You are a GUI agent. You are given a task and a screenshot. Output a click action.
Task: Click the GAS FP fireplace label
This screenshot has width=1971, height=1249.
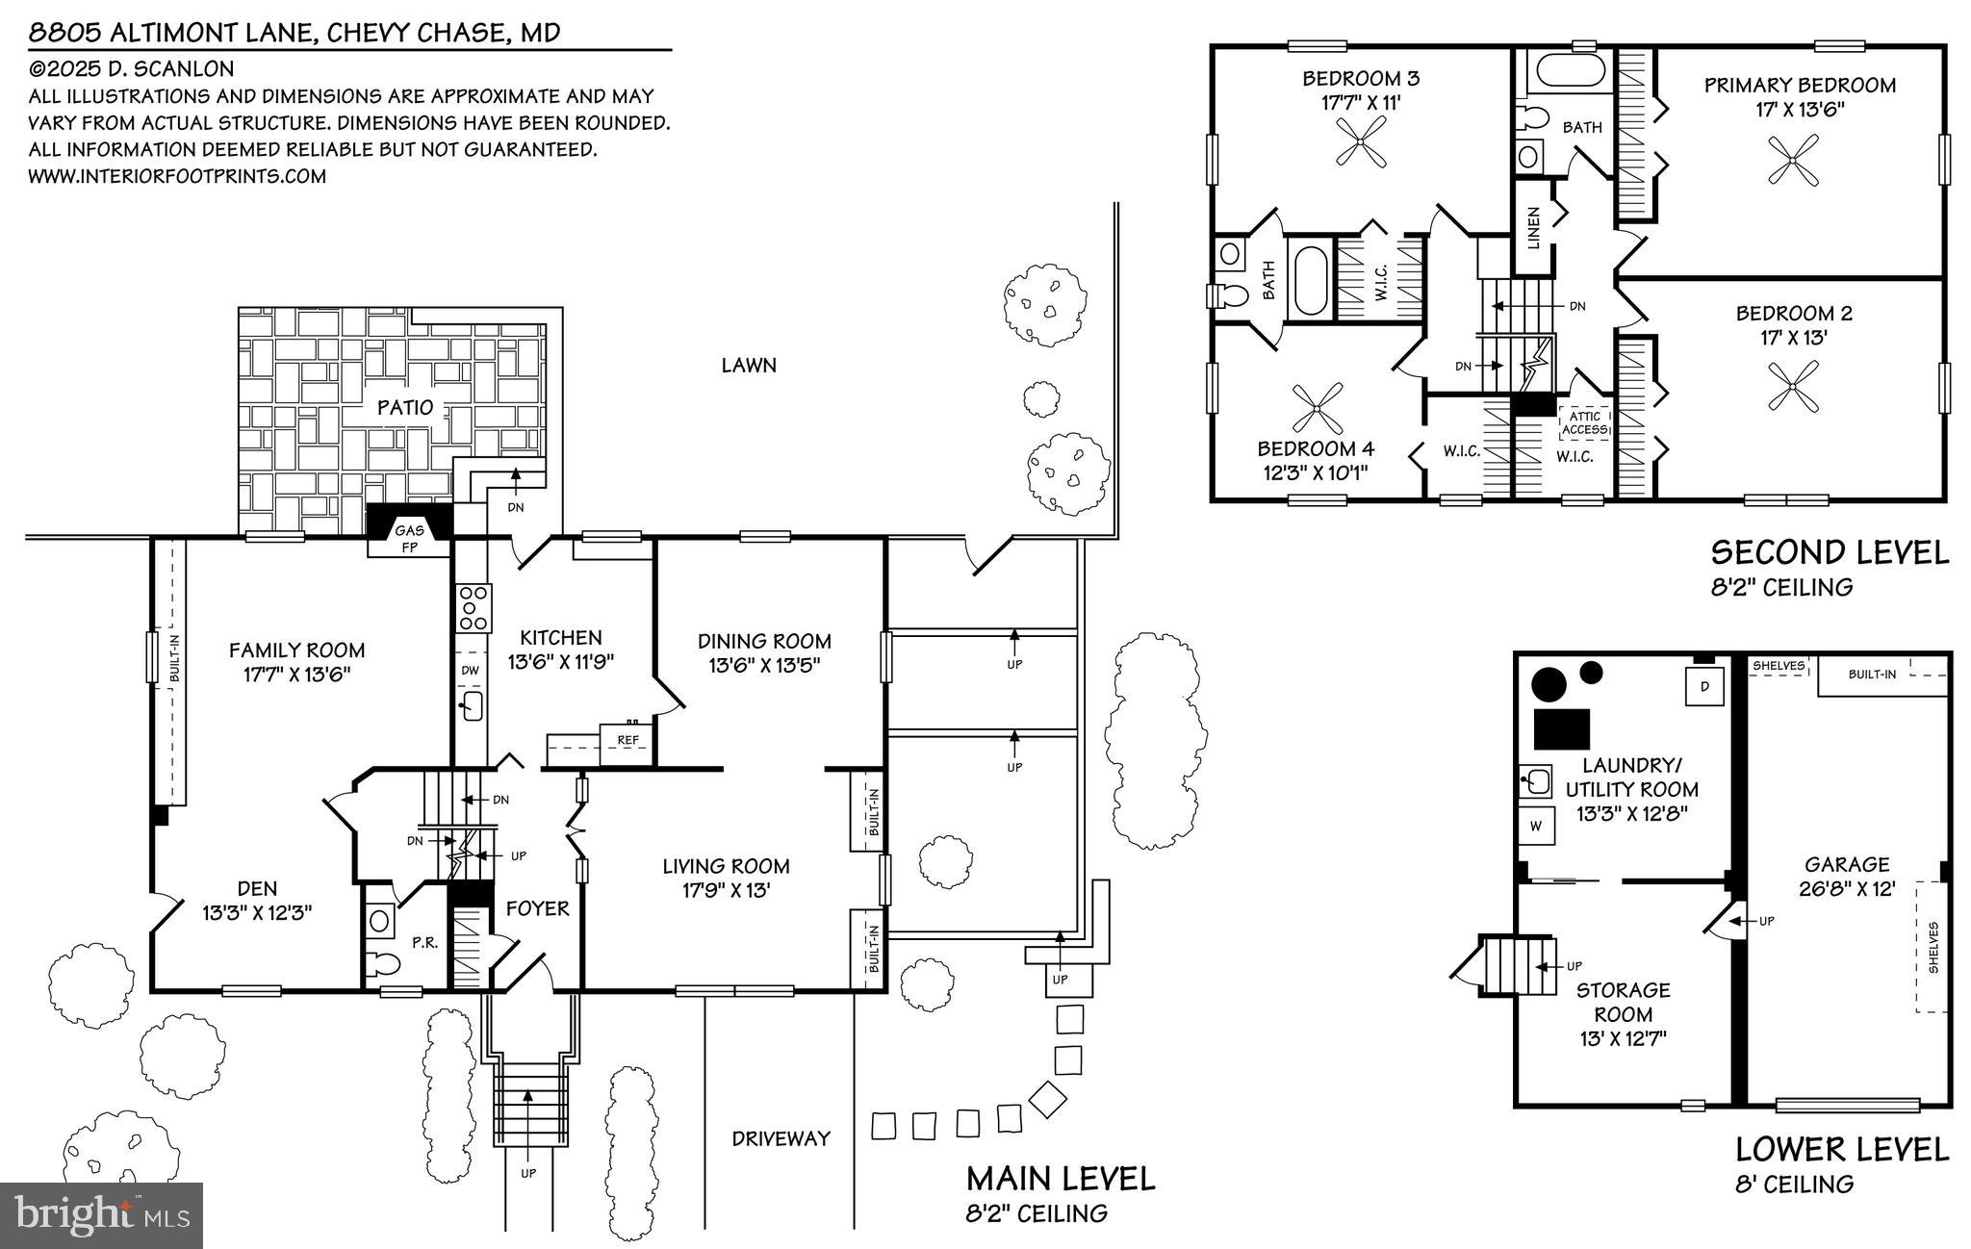[x=409, y=539]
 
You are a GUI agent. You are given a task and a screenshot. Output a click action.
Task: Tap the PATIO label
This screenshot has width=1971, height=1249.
[x=405, y=407]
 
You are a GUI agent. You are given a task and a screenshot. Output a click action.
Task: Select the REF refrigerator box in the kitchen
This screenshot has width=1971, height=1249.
[x=627, y=741]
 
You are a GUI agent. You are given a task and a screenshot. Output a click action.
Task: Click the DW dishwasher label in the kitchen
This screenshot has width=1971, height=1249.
[x=470, y=671]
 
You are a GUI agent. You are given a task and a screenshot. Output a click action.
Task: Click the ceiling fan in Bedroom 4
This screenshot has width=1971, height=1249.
[x=1317, y=407]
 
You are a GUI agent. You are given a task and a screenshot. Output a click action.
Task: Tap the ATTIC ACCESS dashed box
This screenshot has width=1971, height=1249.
[x=1584, y=422]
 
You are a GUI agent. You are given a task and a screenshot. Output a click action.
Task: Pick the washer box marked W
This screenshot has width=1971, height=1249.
[x=1536, y=826]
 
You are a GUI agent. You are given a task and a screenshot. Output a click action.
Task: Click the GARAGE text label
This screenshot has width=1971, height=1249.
[x=1847, y=865]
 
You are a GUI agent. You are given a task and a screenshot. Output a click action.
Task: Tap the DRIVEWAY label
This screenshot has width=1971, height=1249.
[x=781, y=1139]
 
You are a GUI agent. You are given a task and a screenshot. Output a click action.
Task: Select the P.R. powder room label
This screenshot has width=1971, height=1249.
[x=424, y=943]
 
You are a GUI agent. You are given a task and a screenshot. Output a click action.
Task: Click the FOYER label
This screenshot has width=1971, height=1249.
[x=537, y=908]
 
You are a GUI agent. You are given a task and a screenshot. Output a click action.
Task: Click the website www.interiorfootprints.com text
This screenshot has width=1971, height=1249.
[x=177, y=177]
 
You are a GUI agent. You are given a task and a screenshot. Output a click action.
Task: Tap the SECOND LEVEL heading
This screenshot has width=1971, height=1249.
[x=1830, y=552]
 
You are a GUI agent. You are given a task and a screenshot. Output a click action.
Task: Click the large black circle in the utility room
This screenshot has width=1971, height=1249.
[x=1549, y=684]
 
